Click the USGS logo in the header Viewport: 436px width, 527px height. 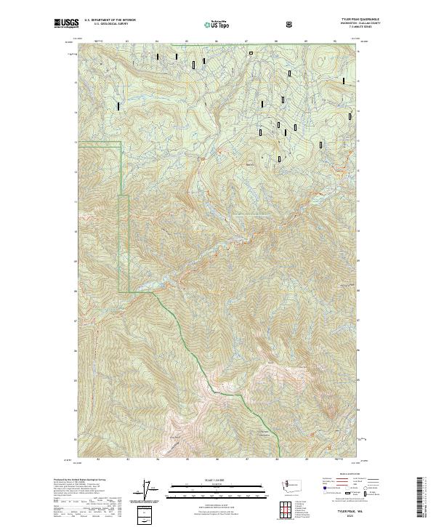67,24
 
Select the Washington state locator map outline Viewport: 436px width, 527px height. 294,484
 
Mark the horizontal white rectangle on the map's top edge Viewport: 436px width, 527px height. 251,52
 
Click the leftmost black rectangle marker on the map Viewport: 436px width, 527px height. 118,106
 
